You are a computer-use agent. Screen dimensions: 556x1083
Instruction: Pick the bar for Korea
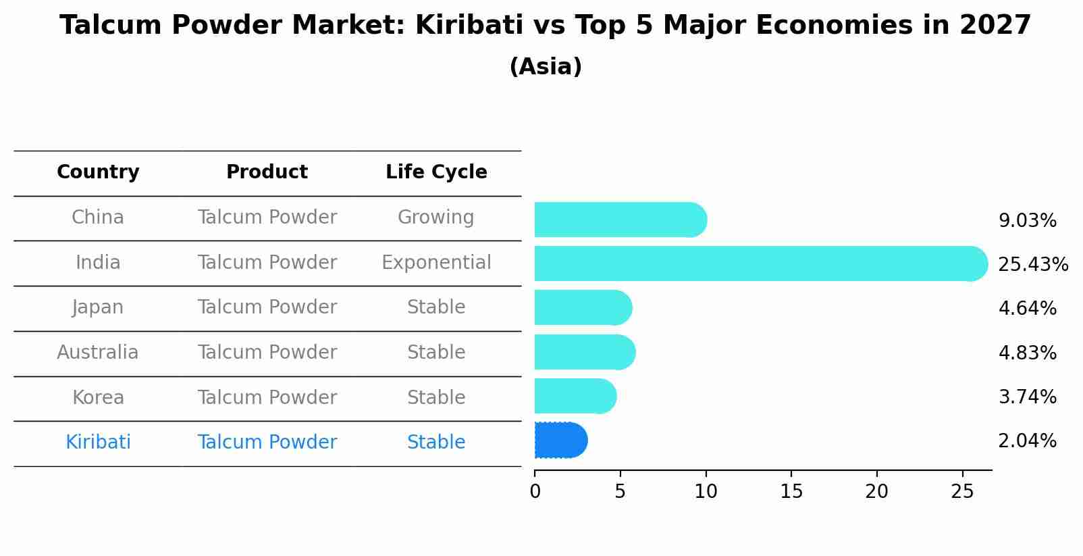pos(575,396)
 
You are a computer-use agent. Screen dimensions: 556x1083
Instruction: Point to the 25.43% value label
pos(1032,264)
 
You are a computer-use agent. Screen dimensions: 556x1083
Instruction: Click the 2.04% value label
pos(1027,441)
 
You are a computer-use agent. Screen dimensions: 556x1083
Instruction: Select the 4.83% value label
pos(1027,353)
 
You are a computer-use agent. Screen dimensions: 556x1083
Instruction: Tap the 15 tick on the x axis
pos(791,492)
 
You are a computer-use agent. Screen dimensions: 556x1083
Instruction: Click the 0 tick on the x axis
pos(535,492)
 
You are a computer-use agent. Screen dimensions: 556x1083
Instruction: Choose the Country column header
pos(98,172)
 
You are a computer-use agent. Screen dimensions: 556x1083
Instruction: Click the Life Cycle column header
pos(436,172)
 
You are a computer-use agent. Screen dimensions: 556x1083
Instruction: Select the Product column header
pos(267,172)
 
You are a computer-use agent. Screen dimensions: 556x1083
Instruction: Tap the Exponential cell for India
pos(436,263)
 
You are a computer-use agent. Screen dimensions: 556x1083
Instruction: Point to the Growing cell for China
pos(435,218)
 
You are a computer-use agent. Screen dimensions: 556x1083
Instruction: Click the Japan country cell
pos(98,307)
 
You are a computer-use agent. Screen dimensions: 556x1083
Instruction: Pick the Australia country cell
pos(98,353)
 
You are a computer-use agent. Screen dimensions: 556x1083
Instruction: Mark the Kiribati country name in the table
pos(98,443)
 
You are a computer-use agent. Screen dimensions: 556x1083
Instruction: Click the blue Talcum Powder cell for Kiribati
pos(267,443)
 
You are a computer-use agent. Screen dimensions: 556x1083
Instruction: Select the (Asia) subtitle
pos(546,67)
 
